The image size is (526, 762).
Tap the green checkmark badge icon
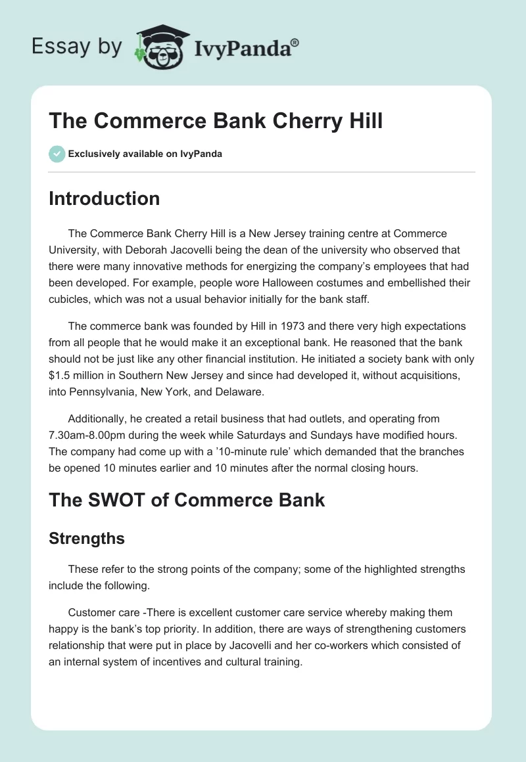57,154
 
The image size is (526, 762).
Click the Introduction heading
104,198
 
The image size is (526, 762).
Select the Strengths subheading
87,539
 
